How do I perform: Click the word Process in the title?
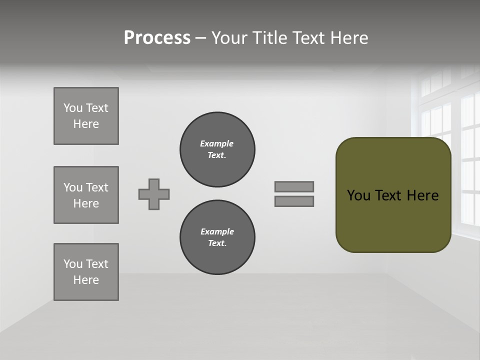click(x=157, y=38)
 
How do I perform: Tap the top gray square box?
click(x=86, y=116)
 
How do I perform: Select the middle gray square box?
click(x=86, y=195)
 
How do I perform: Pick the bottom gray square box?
click(x=86, y=272)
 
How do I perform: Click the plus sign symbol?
click(x=154, y=194)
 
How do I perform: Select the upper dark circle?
click(x=217, y=149)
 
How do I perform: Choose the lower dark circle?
click(x=217, y=237)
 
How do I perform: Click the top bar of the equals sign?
click(x=294, y=186)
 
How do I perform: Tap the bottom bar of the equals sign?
click(x=294, y=201)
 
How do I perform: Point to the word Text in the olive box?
click(x=389, y=195)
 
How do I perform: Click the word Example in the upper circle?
click(x=216, y=143)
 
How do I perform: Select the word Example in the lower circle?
click(x=217, y=231)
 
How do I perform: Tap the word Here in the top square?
click(x=86, y=124)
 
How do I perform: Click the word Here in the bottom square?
click(x=86, y=280)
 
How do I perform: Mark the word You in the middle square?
click(x=72, y=187)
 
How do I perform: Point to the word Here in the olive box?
click(x=422, y=195)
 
